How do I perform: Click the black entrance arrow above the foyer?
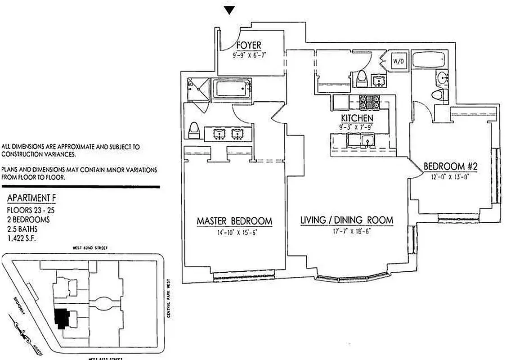pyautogui.click(x=230, y=10)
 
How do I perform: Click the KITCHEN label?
pyautogui.click(x=357, y=118)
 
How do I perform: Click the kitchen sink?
pyautogui.click(x=367, y=142)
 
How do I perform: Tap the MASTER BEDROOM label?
pyautogui.click(x=234, y=221)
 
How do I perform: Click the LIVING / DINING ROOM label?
pyautogui.click(x=346, y=220)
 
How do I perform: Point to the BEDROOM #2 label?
pyautogui.click(x=450, y=167)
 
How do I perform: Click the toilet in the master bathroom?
pyautogui.click(x=194, y=131)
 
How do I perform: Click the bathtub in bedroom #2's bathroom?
pyautogui.click(x=429, y=61)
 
